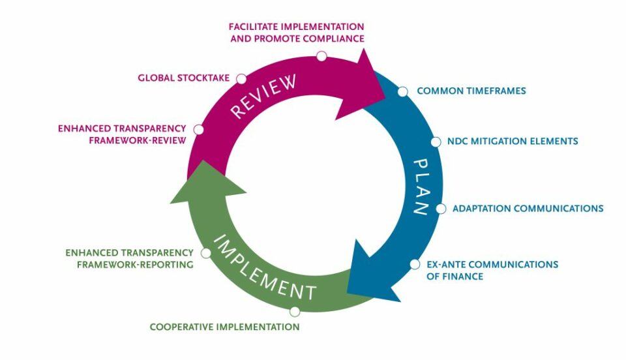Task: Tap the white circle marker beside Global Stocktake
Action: pos(241,79)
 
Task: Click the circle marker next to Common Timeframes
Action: pos(403,91)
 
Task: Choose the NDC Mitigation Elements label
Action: pos(513,141)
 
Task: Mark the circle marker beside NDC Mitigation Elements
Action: pos(436,142)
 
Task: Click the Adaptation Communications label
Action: pos(528,209)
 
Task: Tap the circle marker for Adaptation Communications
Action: pos(441,209)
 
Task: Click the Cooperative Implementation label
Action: pos(224,327)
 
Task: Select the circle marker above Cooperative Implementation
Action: pos(295,312)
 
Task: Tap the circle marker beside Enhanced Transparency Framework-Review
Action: pos(199,130)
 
